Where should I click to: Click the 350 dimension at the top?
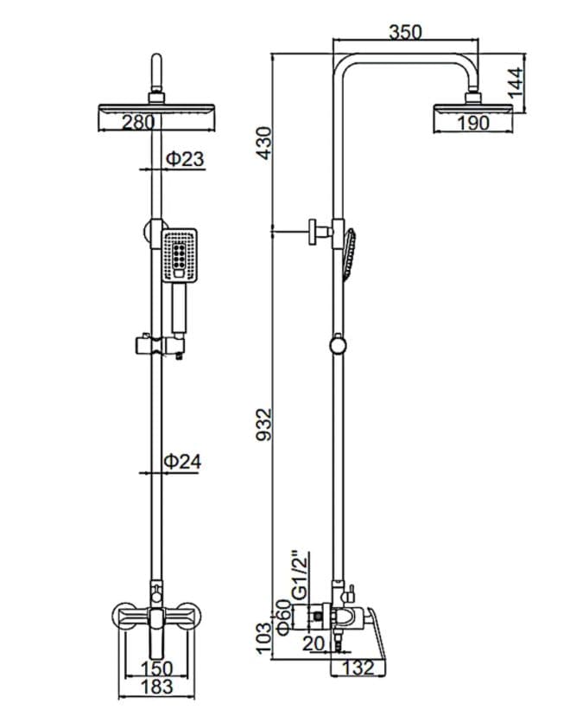pos(405,32)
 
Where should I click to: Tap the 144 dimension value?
pos(516,82)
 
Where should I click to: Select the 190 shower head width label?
pos(472,123)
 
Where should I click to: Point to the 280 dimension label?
pos(138,123)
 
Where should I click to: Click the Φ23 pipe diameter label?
pos(185,158)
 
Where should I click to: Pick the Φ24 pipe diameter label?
pos(183,461)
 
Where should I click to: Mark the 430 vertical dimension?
pos(265,143)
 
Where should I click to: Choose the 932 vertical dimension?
pos(265,425)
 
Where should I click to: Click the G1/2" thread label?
pos(301,574)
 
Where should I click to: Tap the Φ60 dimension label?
pos(283,617)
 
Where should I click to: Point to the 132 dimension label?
pos(358,667)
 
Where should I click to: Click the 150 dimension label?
pos(156,669)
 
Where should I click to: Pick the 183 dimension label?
pos(156,687)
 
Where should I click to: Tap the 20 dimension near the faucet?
pos(314,643)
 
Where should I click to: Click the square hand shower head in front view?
pos(180,255)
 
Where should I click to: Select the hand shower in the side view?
pos(349,254)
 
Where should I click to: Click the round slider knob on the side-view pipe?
pos(339,345)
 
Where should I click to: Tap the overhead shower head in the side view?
pos(473,110)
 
